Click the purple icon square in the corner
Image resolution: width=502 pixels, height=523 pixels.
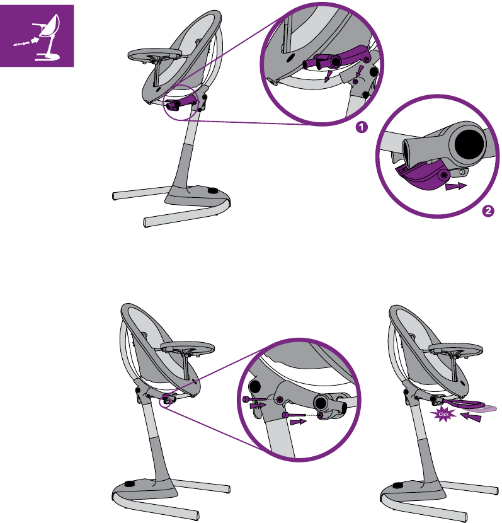[x=37, y=36]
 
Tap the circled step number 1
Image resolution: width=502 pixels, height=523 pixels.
[x=362, y=127]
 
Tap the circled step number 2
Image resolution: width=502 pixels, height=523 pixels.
[x=488, y=211]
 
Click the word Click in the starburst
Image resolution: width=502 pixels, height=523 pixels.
[x=443, y=414]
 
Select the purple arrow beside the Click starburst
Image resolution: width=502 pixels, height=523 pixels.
[x=471, y=417]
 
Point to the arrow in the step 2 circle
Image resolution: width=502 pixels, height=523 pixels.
[x=456, y=186]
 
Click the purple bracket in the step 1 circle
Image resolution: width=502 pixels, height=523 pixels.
[x=337, y=59]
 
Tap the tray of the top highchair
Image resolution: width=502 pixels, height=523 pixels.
[x=155, y=54]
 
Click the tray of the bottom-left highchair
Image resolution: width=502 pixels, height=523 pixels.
[x=188, y=347]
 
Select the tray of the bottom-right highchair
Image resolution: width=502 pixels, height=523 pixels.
[x=455, y=349]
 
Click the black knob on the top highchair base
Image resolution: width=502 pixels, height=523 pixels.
[x=213, y=190]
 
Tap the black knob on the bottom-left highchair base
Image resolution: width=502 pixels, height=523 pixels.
[x=128, y=484]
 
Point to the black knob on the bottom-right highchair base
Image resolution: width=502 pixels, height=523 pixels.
[x=397, y=485]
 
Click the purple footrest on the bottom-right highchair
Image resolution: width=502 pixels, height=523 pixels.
[x=464, y=405]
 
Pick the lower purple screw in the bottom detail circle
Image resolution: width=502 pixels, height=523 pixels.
[x=294, y=415]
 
